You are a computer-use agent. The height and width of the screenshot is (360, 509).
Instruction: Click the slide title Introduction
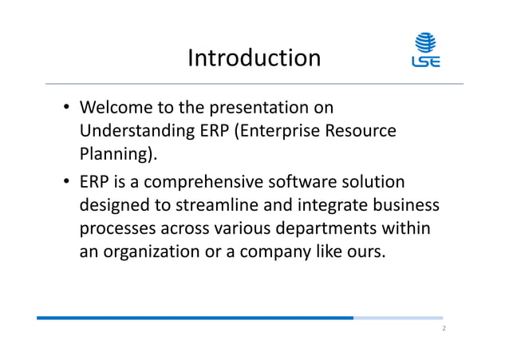254,57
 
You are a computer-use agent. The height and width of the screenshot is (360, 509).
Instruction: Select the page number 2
444,329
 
